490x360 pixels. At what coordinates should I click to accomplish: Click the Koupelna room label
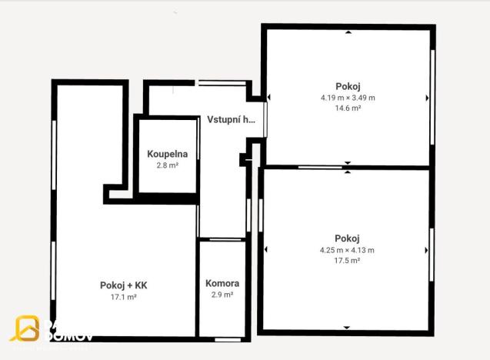click(167, 154)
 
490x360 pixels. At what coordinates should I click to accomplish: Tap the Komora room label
click(222, 283)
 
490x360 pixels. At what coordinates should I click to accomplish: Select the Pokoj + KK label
click(123, 285)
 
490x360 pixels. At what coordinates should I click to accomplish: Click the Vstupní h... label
click(231, 119)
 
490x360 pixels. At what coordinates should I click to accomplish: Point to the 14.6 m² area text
click(348, 108)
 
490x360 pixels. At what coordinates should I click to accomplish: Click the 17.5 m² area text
click(347, 261)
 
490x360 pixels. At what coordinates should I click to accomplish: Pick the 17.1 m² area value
click(123, 296)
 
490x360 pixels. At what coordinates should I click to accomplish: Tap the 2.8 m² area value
click(167, 165)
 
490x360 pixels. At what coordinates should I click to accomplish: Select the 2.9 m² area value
click(222, 294)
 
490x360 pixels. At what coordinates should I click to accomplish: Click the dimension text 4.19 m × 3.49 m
click(348, 98)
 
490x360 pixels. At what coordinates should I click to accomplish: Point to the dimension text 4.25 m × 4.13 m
click(347, 250)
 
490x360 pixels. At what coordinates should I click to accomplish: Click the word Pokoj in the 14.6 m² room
click(348, 86)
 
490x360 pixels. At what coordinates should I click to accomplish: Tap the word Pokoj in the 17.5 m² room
click(347, 238)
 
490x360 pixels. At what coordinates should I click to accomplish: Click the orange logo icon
click(25, 328)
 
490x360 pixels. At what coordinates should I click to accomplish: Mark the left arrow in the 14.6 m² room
click(268, 98)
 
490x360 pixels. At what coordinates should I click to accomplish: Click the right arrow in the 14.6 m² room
click(427, 98)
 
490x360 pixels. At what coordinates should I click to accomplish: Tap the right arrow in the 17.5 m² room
click(427, 250)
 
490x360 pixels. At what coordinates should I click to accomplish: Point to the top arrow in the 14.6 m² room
click(348, 32)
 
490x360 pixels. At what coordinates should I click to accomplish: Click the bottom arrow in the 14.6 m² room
click(348, 162)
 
